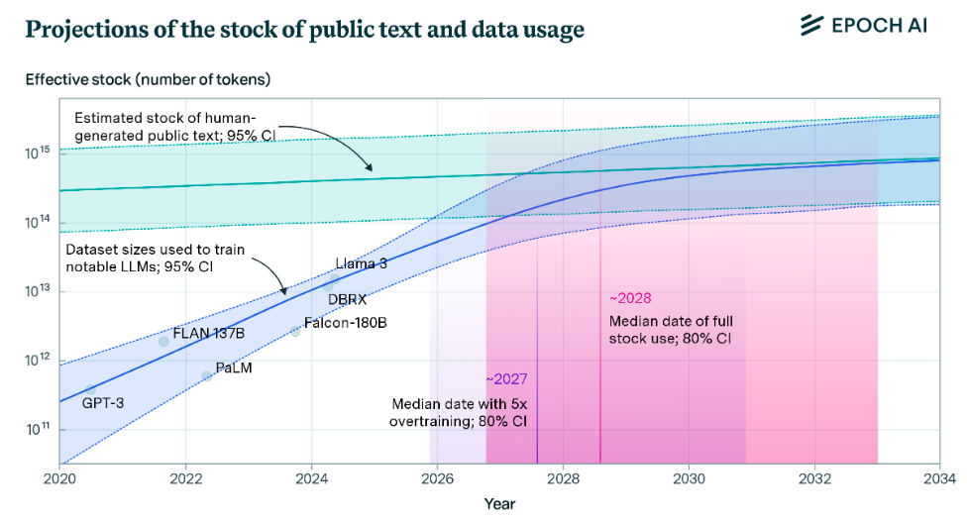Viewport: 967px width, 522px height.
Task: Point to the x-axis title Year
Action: pos(499,503)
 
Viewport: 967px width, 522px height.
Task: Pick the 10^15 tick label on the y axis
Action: pos(38,153)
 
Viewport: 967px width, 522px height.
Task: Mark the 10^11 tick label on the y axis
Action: pos(38,429)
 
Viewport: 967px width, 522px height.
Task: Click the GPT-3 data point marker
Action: pos(90,390)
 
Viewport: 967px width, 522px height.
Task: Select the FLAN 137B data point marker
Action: pos(164,342)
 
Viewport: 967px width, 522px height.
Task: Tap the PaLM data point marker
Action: pos(207,375)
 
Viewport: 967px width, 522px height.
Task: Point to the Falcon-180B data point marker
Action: pos(295,331)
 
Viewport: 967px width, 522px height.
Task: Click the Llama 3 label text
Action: pos(361,263)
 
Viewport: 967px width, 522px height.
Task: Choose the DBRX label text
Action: pos(347,299)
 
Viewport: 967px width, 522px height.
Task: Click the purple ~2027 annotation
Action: pos(505,379)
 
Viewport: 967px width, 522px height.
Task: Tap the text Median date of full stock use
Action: pos(670,330)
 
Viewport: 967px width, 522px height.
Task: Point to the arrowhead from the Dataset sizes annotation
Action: pos(284,293)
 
